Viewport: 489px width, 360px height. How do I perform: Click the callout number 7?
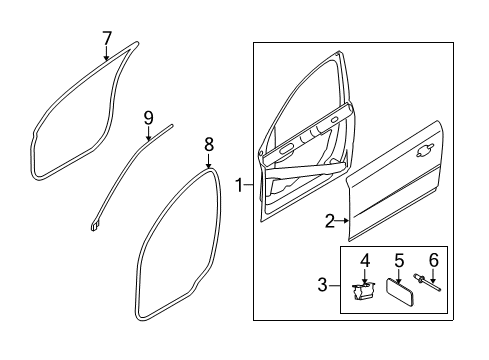coord(107,38)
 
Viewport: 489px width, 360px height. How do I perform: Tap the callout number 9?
coord(148,118)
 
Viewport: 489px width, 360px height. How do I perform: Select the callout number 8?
coord(209,145)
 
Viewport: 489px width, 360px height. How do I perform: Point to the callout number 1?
coord(240,185)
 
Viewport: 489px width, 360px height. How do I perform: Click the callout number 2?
coord(330,221)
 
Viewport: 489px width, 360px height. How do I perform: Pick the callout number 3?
coord(322,285)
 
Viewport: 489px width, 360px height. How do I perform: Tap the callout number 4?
coord(365,260)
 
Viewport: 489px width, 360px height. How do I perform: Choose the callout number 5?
coord(399,260)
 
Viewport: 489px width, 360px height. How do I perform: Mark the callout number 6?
coord(433,260)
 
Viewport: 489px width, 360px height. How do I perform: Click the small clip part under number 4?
coord(363,291)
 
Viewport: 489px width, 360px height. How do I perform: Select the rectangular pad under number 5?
coord(400,292)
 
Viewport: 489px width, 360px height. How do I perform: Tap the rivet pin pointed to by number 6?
coord(427,282)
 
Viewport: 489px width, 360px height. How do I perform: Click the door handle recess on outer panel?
coord(425,150)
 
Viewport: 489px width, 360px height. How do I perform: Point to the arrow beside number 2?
coord(343,220)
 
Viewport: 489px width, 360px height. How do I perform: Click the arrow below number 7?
coord(106,53)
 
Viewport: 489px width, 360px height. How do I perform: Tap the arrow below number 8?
coord(209,161)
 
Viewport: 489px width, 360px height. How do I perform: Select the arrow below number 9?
coord(148,133)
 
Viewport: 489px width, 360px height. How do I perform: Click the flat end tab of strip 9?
coord(94,226)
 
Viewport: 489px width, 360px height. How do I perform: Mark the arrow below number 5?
coord(399,276)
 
